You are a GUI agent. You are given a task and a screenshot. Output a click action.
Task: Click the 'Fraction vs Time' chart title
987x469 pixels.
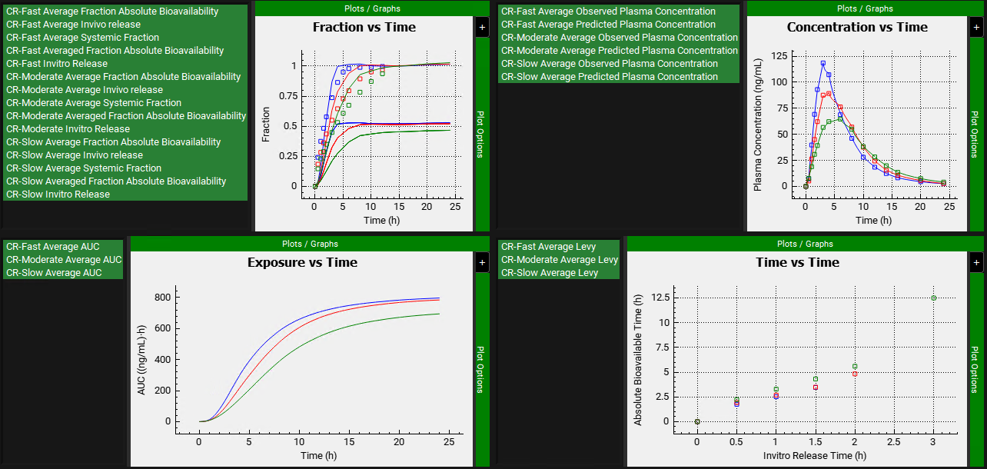pyautogui.click(x=364, y=27)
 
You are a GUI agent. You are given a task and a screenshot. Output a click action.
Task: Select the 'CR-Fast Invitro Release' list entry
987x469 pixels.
pyautogui.click(x=57, y=64)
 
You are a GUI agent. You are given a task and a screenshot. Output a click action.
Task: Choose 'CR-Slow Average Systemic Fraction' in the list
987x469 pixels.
pyautogui.click(x=84, y=168)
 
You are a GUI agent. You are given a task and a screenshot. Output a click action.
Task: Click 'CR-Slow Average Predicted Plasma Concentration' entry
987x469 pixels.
pyautogui.click(x=610, y=77)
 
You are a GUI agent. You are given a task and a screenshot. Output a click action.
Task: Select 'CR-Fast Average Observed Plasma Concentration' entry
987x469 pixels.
pyautogui.click(x=608, y=12)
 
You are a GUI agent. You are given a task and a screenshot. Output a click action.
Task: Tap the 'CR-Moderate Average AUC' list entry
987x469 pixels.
pyautogui.click(x=64, y=260)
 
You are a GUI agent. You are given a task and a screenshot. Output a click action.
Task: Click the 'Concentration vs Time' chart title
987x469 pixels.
pyautogui.click(x=857, y=27)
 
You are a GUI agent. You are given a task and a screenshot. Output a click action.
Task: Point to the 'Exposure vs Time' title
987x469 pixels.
pyautogui.click(x=302, y=262)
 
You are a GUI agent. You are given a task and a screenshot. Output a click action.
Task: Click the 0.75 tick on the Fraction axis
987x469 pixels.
pyautogui.click(x=287, y=95)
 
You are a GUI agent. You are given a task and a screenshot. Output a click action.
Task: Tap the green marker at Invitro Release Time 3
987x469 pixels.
pyautogui.click(x=934, y=298)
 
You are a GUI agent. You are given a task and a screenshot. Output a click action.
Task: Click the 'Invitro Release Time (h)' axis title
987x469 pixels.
pyautogui.click(x=815, y=455)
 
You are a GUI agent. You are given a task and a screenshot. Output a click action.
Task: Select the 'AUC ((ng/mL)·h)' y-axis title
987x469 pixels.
pyautogui.click(x=141, y=358)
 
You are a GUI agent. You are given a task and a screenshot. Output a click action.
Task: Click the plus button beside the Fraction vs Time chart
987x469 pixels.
pyautogui.click(x=482, y=27)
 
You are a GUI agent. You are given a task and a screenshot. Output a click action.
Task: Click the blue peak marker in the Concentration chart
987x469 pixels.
pyautogui.click(x=822, y=63)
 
